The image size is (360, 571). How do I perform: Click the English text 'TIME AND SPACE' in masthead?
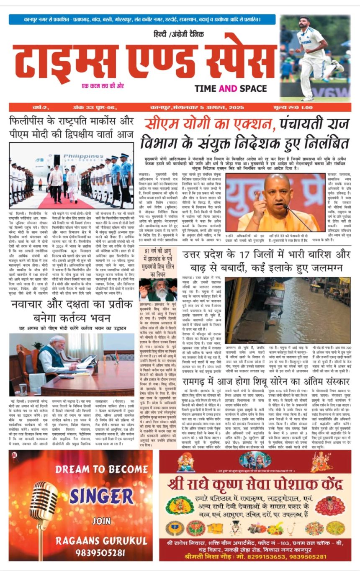pyautogui.click(x=230, y=88)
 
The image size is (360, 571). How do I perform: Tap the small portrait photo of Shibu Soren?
pyautogui.click(x=157, y=290)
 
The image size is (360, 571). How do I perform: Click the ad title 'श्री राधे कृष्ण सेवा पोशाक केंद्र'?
pyautogui.click(x=255, y=485)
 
